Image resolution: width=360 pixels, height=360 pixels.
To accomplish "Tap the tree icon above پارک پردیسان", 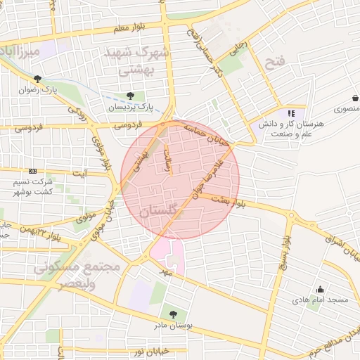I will [130, 96].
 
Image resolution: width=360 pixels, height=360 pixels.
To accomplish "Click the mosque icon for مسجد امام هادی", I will [321, 288].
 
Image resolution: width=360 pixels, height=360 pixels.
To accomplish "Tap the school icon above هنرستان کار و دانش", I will [290, 113].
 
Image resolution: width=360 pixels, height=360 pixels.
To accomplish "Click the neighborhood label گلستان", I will [160, 212].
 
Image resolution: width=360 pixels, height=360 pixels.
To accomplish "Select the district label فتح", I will [275, 63].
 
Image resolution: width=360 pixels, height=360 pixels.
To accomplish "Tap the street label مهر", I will [165, 270].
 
